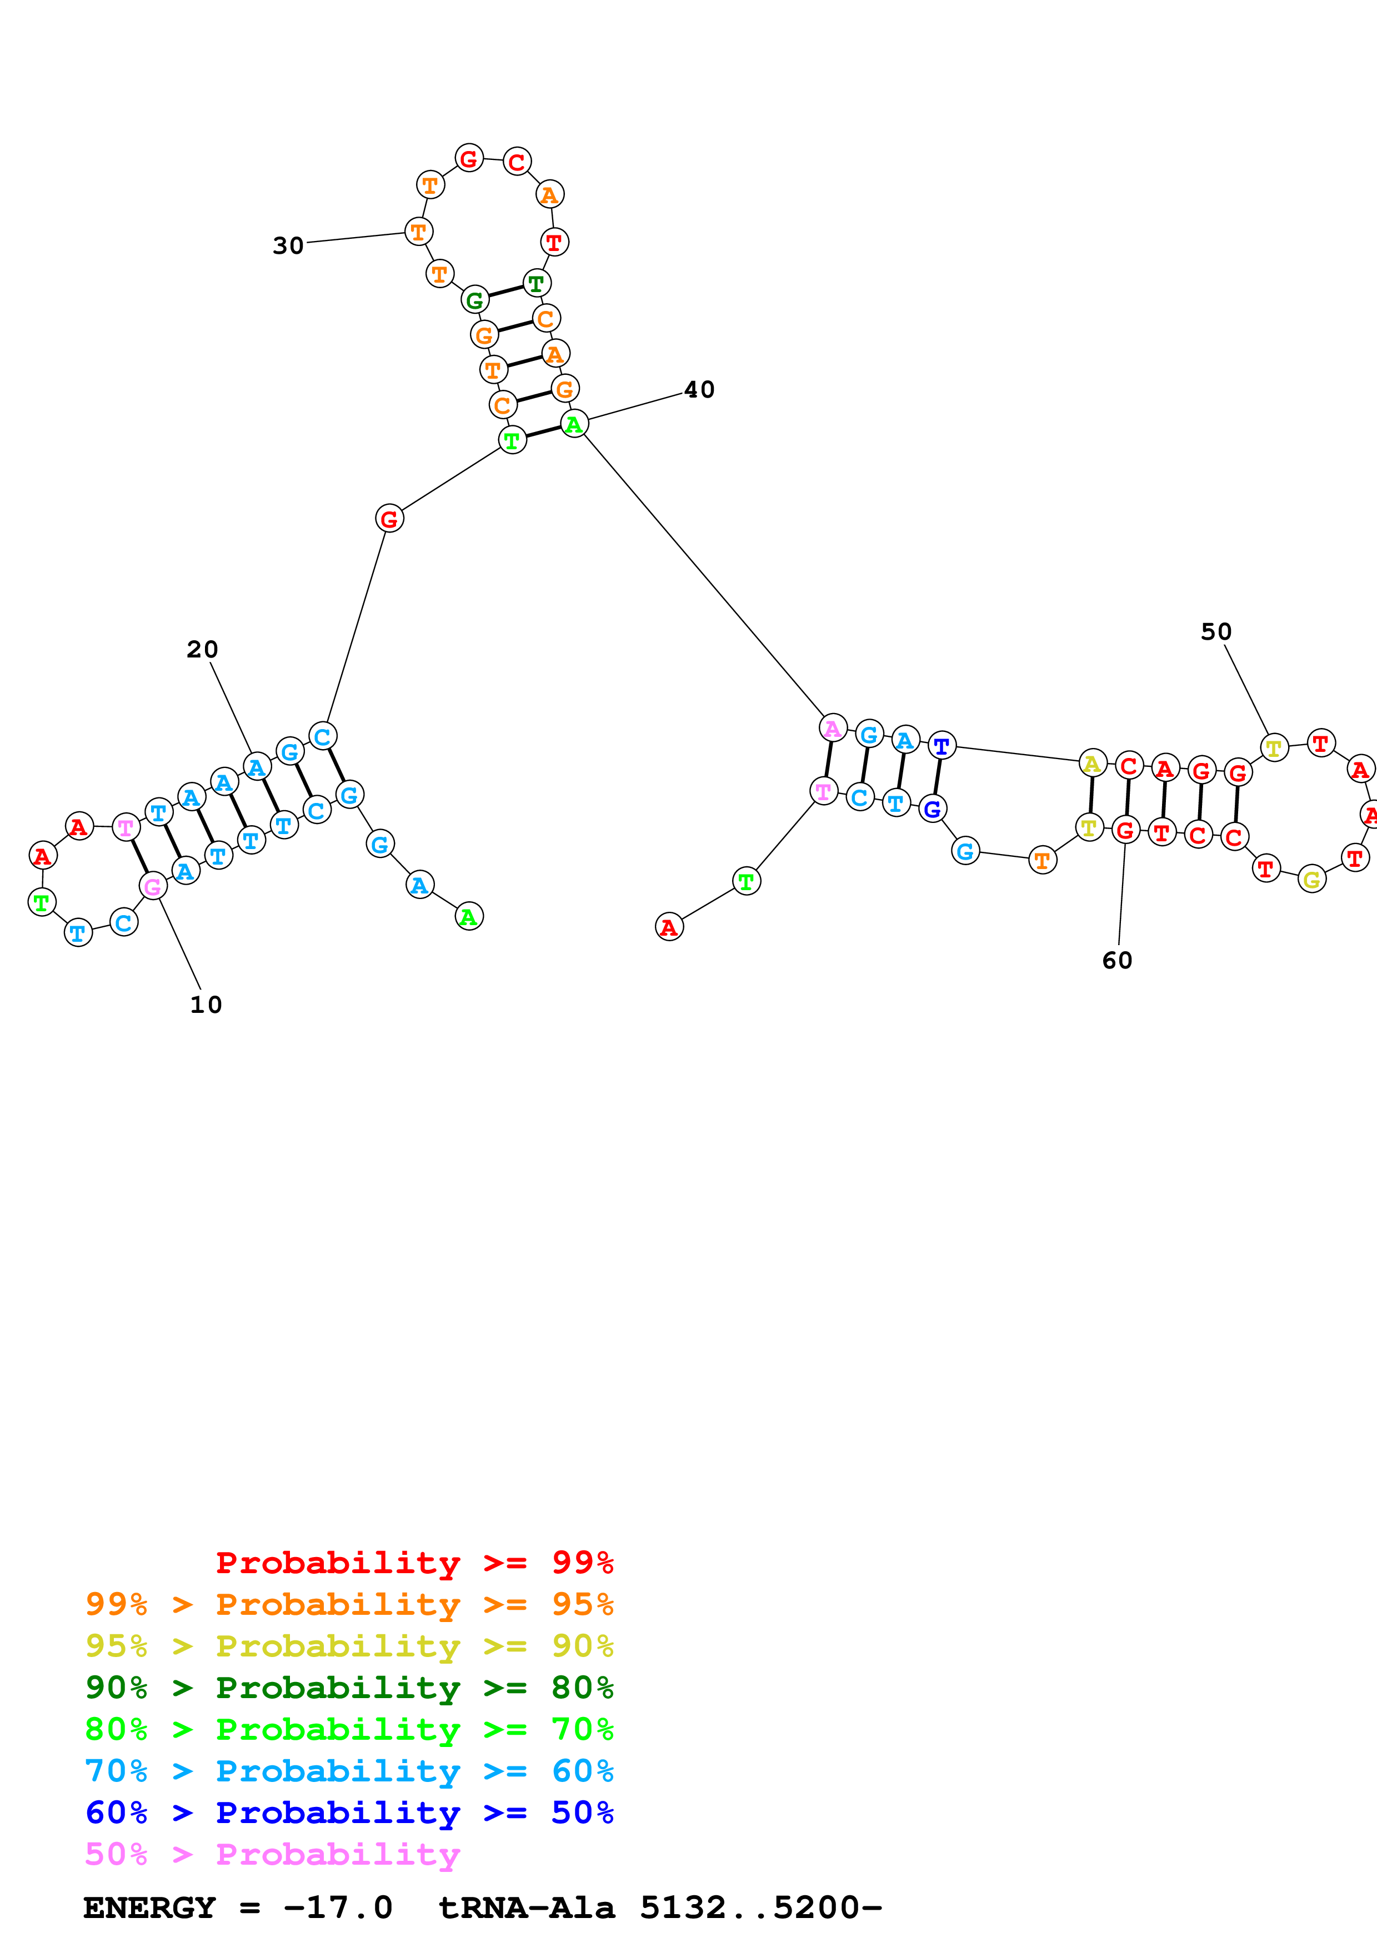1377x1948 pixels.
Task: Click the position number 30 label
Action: click(x=288, y=246)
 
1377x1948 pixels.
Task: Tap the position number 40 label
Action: click(x=699, y=389)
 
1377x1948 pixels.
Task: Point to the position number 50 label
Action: click(x=1216, y=631)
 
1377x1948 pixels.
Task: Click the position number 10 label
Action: click(x=206, y=1005)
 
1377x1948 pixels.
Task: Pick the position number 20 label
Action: click(x=202, y=649)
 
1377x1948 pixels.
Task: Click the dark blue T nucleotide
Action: click(x=941, y=746)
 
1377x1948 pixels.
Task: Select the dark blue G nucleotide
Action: click(x=932, y=809)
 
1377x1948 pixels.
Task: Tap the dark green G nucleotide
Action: click(x=474, y=299)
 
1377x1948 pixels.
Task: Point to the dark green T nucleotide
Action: click(x=535, y=283)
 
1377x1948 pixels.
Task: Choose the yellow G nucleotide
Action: click(x=1311, y=880)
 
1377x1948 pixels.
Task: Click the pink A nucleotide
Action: click(x=832, y=728)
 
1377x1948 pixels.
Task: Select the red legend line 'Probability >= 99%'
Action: click(x=414, y=1563)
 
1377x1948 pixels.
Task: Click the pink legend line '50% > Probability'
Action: click(x=272, y=1855)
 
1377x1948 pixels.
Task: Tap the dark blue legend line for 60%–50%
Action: click(x=349, y=1813)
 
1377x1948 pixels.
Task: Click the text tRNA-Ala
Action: click(x=526, y=1908)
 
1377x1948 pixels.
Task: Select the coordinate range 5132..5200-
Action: click(x=760, y=1908)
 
